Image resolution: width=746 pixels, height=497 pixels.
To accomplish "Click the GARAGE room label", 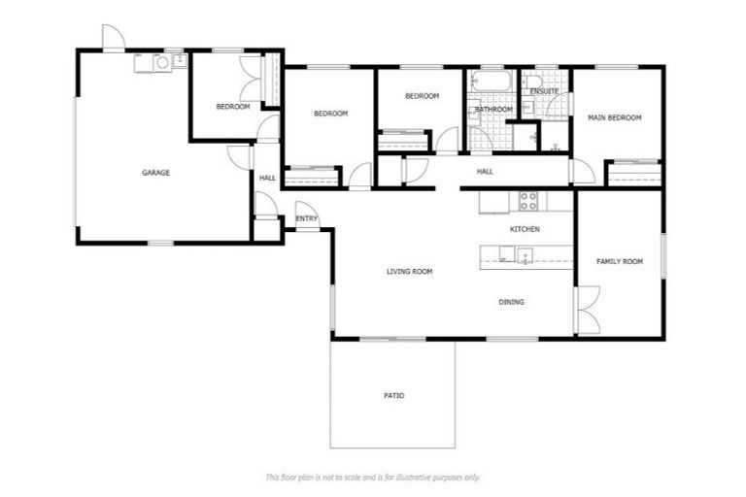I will pyautogui.click(x=156, y=173).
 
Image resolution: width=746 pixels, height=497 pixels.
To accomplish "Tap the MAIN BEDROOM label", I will pyautogui.click(x=615, y=117).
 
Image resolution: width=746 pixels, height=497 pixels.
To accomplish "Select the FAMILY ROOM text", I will pyautogui.click(x=620, y=261).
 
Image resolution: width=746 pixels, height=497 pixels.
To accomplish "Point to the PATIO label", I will pyautogui.click(x=392, y=396).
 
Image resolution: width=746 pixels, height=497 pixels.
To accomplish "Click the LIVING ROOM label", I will pyautogui.click(x=409, y=272).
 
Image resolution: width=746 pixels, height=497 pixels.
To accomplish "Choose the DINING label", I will pyautogui.click(x=512, y=302).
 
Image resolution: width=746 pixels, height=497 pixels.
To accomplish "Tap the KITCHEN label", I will pyautogui.click(x=525, y=229).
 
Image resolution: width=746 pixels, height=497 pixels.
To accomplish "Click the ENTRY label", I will pyautogui.click(x=307, y=219).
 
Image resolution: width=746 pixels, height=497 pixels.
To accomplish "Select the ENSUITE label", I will pyautogui.click(x=544, y=91).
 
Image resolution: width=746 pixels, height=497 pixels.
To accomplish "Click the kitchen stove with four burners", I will pyautogui.click(x=528, y=201).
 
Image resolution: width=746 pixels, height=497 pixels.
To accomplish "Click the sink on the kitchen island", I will pyautogui.click(x=524, y=256).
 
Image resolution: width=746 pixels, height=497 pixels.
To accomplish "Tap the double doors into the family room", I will pyautogui.click(x=587, y=311).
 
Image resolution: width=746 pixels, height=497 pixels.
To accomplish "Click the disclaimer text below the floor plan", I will pyautogui.click(x=373, y=478).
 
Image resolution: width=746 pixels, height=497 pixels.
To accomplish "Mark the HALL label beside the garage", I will pyautogui.click(x=267, y=178).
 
